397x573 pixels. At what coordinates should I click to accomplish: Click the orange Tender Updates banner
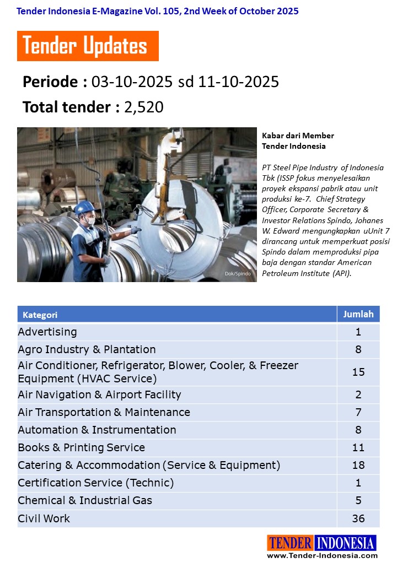(x=88, y=46)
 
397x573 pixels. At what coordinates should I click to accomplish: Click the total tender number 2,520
(x=144, y=107)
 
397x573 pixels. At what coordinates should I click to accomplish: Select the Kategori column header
(x=40, y=315)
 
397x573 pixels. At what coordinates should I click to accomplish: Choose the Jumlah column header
(x=358, y=314)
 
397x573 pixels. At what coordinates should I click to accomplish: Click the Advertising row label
(x=47, y=332)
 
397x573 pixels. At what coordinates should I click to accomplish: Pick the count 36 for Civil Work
(x=358, y=518)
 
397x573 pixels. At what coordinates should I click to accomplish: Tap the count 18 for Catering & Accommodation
(x=358, y=465)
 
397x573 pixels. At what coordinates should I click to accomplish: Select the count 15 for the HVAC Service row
(x=358, y=372)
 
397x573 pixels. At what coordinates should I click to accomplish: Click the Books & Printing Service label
(x=81, y=447)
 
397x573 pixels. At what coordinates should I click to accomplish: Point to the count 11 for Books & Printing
(x=358, y=447)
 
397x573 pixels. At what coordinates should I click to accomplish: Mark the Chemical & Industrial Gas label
(x=85, y=500)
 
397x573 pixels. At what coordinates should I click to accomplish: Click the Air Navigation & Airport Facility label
(x=99, y=394)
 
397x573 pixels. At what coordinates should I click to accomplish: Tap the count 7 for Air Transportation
(x=358, y=412)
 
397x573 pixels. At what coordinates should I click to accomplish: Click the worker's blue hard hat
(x=84, y=207)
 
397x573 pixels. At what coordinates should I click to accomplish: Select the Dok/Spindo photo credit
(x=238, y=274)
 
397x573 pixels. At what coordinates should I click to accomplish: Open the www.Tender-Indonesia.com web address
(x=322, y=555)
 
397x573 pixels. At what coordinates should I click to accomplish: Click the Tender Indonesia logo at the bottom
(x=321, y=543)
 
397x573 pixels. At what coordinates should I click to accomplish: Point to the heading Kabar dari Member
(x=298, y=136)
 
